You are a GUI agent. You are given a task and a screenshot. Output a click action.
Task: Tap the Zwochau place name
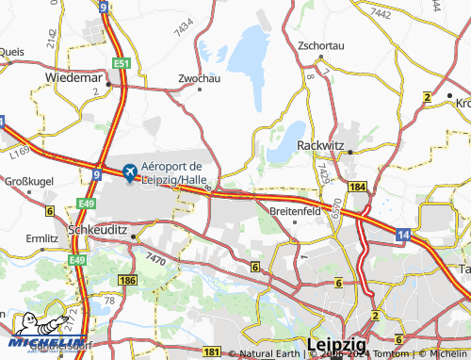(x=198, y=78)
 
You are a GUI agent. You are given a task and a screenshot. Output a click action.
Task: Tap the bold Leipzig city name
(x=337, y=344)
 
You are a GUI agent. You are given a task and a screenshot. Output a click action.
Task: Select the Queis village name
(x=12, y=52)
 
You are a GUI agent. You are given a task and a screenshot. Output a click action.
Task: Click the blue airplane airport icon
(x=128, y=172)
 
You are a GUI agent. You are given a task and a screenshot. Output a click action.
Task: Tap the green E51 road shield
(x=121, y=63)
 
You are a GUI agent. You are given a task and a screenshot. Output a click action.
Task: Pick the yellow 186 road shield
(x=127, y=281)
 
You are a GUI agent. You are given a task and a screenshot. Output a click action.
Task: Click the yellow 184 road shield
(x=356, y=188)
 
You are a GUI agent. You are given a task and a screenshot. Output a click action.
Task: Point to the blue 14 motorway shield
(x=403, y=232)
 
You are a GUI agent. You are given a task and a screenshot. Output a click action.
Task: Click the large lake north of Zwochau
(x=249, y=52)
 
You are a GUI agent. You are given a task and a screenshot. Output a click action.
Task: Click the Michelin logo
(x=42, y=336)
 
